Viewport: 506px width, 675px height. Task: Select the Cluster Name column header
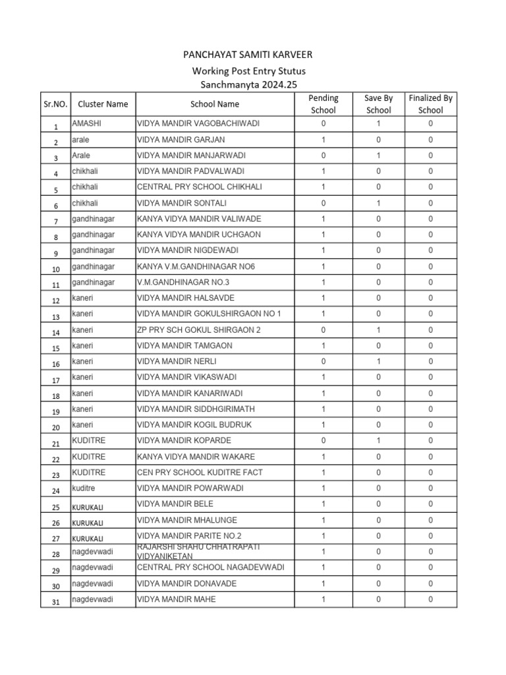(x=103, y=104)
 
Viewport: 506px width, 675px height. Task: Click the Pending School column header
(x=323, y=104)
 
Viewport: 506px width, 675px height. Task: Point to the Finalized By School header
(x=430, y=104)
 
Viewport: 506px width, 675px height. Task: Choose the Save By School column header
(x=378, y=104)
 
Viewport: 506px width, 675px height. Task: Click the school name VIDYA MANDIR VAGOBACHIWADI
(x=194, y=123)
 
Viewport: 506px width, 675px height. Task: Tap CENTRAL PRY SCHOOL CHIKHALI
(x=199, y=187)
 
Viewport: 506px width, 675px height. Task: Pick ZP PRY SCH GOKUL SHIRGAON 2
(x=198, y=330)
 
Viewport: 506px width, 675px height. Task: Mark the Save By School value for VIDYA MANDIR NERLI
(x=378, y=361)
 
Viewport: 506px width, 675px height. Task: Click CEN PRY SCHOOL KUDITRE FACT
(x=200, y=473)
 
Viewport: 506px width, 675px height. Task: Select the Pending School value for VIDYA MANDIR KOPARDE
(x=323, y=440)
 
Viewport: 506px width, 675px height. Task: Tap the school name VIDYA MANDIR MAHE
(x=176, y=599)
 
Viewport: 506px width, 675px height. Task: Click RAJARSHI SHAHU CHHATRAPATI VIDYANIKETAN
(x=198, y=551)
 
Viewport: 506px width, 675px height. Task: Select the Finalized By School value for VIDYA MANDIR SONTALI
(x=430, y=203)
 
